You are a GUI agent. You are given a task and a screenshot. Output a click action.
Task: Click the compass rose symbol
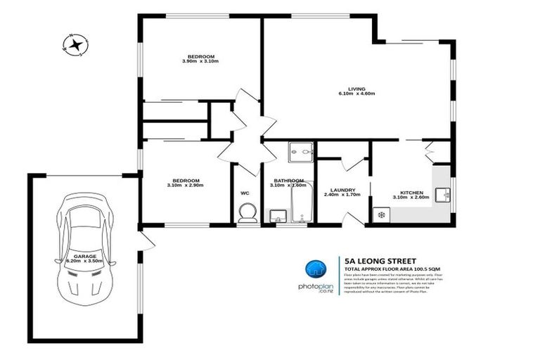pyautogui.click(x=74, y=45)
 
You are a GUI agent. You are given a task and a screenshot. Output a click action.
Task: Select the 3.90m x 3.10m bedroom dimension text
pyautogui.click(x=200, y=61)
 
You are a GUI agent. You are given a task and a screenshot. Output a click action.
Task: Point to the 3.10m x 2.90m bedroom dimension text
pyautogui.click(x=185, y=186)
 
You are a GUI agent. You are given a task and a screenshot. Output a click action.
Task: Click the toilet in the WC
pyautogui.click(x=247, y=213)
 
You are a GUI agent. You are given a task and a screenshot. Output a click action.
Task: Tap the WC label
pyautogui.click(x=245, y=192)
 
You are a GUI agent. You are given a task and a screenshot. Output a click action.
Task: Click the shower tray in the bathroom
pyautogui.click(x=301, y=152)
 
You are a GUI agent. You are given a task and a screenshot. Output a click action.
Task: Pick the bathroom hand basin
pyautogui.click(x=276, y=215)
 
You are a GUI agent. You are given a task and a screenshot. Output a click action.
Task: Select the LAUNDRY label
pyautogui.click(x=342, y=189)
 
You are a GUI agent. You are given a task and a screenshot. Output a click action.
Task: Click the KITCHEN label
pyautogui.click(x=411, y=193)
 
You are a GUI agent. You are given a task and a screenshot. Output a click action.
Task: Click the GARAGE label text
pyautogui.click(x=84, y=256)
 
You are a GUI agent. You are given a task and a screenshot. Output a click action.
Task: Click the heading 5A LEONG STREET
pyautogui.click(x=379, y=259)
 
